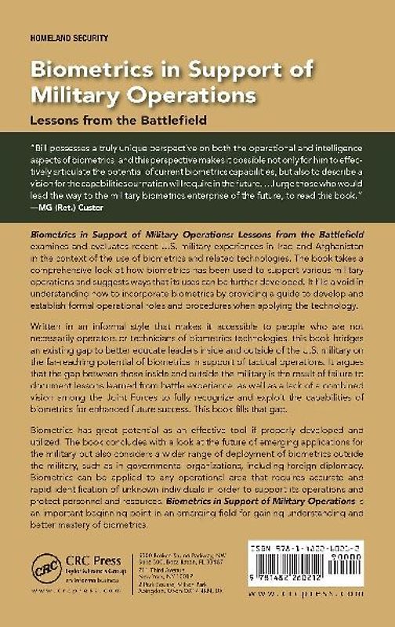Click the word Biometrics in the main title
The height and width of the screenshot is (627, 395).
[x=85, y=72]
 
